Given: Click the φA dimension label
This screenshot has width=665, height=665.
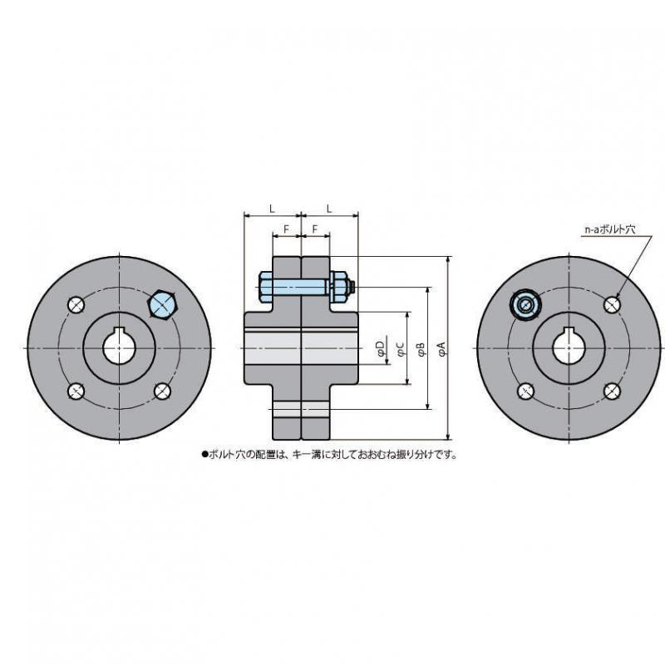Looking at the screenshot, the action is [442, 348].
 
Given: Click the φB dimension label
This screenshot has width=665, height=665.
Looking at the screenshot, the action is [421, 348].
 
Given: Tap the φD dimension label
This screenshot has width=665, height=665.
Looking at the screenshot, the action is [382, 347].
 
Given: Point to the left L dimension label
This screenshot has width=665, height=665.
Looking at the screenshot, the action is [273, 209].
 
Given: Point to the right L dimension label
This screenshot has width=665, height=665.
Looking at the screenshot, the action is [329, 209].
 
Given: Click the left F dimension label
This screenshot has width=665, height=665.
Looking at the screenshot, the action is [286, 229].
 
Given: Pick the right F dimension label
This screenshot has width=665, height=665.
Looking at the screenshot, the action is [315, 229].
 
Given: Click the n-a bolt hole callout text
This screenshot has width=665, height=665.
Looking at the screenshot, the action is [610, 229].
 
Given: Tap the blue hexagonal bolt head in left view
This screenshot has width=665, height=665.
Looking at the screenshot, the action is [162, 304].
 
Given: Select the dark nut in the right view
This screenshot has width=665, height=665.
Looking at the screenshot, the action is [526, 304].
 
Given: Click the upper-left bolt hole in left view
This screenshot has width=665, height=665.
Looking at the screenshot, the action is [76, 305].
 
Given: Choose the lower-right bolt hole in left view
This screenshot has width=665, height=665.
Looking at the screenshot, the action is [162, 391].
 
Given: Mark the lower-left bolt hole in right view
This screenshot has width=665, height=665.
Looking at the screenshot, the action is [526, 391].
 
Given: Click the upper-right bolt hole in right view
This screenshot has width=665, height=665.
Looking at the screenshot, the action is [612, 304].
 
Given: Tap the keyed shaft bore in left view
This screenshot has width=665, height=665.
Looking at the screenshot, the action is [120, 347].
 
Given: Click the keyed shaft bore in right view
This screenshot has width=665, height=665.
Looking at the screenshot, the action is [569, 347].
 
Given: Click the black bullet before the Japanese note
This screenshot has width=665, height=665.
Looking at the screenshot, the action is [204, 455].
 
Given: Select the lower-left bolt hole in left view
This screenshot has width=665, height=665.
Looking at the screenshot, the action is [76, 391].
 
